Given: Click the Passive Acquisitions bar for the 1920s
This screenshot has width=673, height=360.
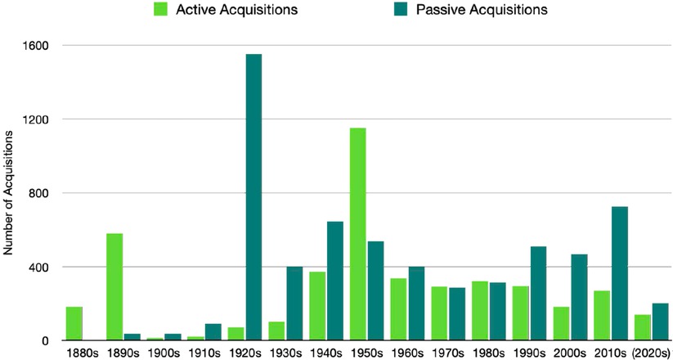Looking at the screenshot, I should (253, 197).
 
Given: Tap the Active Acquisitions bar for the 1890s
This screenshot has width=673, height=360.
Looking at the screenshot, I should (114, 286).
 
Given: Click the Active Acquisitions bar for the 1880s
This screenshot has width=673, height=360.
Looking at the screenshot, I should (74, 323).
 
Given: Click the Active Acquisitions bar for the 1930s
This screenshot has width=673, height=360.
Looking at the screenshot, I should (276, 331).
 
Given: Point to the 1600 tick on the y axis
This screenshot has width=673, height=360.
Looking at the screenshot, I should (38, 46).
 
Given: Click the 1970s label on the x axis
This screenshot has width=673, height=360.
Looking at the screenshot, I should (448, 353).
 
